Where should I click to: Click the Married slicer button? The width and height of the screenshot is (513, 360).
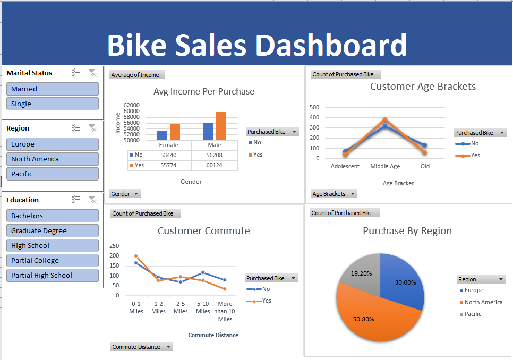(x=52, y=89)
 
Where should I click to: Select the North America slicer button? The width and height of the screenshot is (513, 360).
(x=52, y=159)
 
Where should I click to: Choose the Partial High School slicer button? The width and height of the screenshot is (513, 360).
(x=52, y=275)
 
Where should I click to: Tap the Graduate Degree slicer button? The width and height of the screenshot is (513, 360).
(x=52, y=230)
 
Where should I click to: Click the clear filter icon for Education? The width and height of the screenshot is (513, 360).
(x=92, y=200)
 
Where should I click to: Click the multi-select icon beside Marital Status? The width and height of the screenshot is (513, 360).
(x=76, y=73)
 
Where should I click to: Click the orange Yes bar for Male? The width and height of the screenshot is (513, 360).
(x=221, y=126)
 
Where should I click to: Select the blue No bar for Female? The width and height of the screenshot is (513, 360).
(x=162, y=135)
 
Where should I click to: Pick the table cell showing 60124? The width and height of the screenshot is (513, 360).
(x=215, y=165)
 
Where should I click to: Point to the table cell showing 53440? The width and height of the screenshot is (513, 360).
(x=168, y=155)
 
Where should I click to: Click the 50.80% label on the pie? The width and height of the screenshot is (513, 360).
(x=363, y=319)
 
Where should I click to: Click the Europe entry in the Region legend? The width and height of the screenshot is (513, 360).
(x=474, y=290)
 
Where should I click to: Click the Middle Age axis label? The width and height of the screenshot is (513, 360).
(x=385, y=166)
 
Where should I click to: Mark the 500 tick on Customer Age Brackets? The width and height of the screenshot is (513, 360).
(x=314, y=107)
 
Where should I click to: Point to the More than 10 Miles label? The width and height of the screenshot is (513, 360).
(x=225, y=311)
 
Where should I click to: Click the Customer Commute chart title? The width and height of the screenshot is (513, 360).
(x=203, y=230)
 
